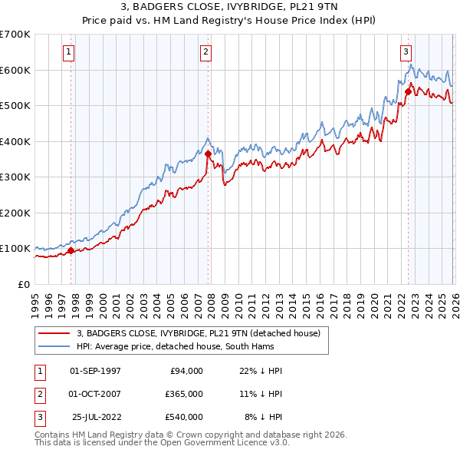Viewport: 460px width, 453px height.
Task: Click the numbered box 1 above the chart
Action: click(69, 52)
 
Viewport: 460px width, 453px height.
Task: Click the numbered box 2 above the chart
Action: click(206, 52)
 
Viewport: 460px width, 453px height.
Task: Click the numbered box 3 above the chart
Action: click(406, 52)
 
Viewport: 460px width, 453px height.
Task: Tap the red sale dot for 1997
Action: click(71, 250)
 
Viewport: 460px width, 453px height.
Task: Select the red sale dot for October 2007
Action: click(208, 154)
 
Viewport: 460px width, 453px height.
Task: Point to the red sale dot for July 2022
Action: click(408, 91)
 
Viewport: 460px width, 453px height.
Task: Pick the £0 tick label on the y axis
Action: click(23, 284)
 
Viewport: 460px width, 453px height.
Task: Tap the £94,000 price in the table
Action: click(184, 370)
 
